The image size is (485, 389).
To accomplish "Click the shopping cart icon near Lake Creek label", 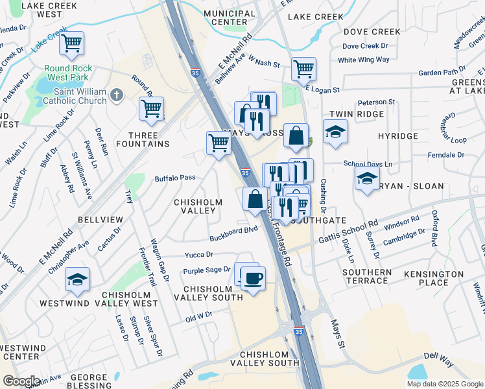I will tap(71, 43).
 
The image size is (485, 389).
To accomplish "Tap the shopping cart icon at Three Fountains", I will tap(151, 109).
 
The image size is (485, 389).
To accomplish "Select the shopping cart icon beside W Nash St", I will tap(303, 69).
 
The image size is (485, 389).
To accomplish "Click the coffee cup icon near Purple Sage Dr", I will tap(253, 278).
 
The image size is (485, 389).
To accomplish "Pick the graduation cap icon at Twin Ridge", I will tap(335, 132).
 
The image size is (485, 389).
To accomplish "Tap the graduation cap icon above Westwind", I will tap(77, 279).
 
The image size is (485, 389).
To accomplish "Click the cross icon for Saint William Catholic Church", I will tap(117, 96).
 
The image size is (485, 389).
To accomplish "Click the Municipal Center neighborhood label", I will tap(229, 18).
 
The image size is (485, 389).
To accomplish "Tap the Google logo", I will tap(21, 381).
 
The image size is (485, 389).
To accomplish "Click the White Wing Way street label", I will tap(364, 60).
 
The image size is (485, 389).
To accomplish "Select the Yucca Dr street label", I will tap(199, 255).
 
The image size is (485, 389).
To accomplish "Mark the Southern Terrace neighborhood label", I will tap(367, 276).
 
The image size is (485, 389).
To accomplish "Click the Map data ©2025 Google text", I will tap(445, 384).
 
